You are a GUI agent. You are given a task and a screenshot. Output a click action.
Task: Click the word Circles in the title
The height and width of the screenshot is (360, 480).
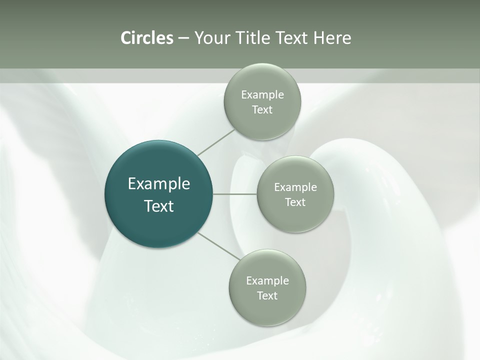[x=147, y=38]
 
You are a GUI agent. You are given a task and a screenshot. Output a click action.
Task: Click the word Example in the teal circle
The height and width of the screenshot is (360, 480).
[x=159, y=184]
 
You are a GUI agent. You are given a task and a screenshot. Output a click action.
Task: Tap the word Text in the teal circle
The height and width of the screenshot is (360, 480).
[x=159, y=206]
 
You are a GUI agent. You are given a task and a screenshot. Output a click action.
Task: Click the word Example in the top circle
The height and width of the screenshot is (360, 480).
[x=262, y=94]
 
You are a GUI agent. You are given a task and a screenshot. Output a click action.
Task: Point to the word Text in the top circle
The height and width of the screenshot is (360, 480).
[x=262, y=110]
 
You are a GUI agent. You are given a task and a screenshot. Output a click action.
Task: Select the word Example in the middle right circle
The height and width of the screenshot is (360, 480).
[x=295, y=187]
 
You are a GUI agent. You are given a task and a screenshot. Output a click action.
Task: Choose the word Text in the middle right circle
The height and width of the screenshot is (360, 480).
[x=295, y=202]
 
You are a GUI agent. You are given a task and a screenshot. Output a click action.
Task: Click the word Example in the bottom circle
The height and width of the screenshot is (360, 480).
[x=267, y=280]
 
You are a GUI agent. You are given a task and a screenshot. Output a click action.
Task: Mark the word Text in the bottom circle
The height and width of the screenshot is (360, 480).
[x=267, y=295]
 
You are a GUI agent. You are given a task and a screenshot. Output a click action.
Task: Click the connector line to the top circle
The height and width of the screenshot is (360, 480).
[x=216, y=142]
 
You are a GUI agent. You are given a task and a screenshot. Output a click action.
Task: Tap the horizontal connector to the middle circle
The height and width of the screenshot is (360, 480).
[x=235, y=194]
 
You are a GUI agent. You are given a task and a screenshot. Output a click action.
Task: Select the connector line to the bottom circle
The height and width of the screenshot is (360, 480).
[x=219, y=246]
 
